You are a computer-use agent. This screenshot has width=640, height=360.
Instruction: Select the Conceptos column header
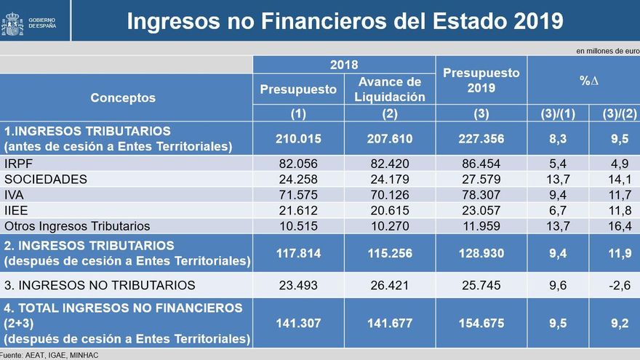[x=123, y=97]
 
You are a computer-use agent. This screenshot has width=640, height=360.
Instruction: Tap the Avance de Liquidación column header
[x=390, y=89]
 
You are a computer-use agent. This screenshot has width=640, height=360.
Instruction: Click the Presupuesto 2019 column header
[x=481, y=80]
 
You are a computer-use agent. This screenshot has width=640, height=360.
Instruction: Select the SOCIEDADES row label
[x=45, y=179]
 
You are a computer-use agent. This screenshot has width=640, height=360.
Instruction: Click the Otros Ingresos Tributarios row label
[x=77, y=226]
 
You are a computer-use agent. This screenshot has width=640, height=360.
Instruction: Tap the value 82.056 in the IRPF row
[x=298, y=163]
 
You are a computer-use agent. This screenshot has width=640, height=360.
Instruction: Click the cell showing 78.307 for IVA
[x=481, y=195]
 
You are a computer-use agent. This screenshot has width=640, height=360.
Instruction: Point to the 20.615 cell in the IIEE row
[x=390, y=211]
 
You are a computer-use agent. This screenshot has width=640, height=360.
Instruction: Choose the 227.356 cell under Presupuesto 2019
[x=481, y=138]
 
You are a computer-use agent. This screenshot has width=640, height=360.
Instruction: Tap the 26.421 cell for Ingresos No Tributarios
[x=390, y=285]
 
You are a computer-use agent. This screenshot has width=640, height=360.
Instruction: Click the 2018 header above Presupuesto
[x=344, y=64]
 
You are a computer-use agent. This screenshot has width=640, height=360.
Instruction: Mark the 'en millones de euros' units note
[x=607, y=51]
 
